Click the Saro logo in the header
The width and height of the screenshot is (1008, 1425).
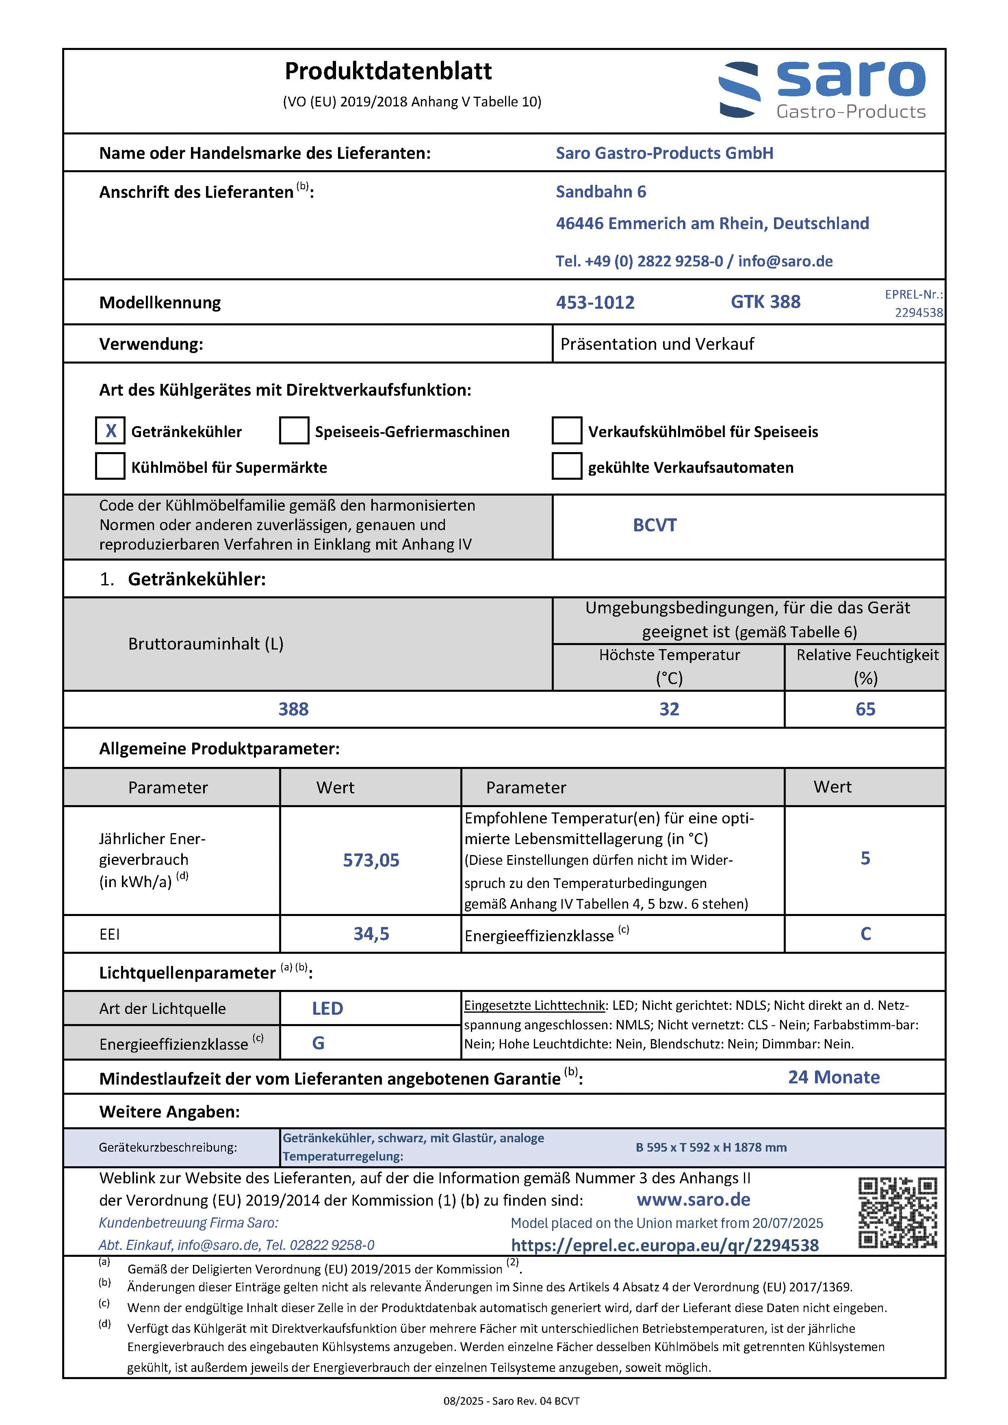click(822, 90)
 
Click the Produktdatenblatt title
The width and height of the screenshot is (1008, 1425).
click(388, 71)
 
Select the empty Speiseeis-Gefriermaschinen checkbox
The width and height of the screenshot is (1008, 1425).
click(294, 431)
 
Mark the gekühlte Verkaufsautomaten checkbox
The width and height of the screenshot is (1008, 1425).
click(567, 466)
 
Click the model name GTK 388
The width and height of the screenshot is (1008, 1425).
click(765, 302)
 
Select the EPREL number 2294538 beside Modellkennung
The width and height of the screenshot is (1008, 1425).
click(919, 312)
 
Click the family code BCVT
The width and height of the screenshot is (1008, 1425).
click(655, 525)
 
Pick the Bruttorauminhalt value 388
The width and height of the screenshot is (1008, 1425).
click(294, 709)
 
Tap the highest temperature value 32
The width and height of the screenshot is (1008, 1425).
click(669, 709)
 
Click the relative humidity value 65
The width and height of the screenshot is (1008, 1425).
click(865, 709)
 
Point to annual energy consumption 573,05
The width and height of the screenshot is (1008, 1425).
click(371, 860)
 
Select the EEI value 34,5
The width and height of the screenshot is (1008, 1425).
click(371, 933)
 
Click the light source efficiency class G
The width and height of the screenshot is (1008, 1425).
click(319, 1043)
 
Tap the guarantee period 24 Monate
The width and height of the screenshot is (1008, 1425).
click(834, 1077)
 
